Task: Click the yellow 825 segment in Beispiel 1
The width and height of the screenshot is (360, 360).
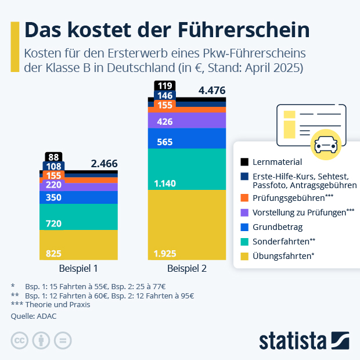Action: point(78,245)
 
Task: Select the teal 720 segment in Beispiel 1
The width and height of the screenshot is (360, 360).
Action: point(78,217)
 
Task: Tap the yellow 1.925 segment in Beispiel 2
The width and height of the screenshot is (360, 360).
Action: point(187,225)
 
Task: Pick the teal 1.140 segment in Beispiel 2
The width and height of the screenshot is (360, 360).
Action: point(187,169)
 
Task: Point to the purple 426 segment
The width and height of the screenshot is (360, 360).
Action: point(187,120)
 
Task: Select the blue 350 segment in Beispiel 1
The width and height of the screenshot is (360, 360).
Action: point(78,197)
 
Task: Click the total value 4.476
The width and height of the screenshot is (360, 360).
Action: point(211,91)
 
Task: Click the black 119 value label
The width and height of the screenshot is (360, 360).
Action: point(164,86)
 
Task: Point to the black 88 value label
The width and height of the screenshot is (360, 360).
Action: point(54,157)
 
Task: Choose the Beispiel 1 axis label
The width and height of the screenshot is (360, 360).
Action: point(78,269)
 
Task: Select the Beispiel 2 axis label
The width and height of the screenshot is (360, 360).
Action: point(187,269)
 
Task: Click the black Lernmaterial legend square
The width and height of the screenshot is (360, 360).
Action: point(244,161)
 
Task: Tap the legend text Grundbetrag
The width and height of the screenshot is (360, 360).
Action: point(277,227)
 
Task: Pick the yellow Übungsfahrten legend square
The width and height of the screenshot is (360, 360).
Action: point(244,255)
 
